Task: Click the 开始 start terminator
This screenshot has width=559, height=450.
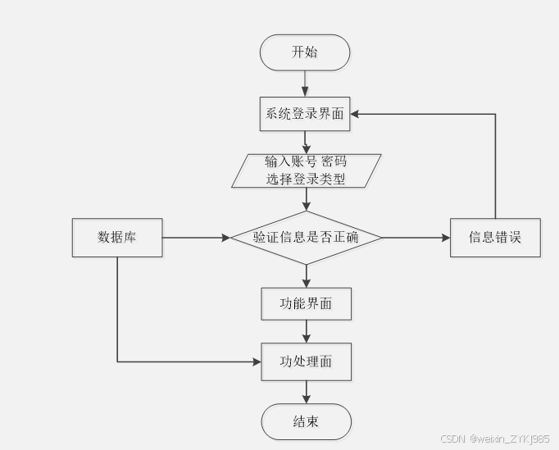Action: tap(305, 52)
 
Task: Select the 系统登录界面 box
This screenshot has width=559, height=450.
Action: tap(305, 113)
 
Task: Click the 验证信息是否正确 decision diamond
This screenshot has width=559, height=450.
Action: tap(306, 238)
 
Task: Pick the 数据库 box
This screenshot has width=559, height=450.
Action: tap(117, 238)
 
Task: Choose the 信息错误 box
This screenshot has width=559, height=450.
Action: tap(495, 238)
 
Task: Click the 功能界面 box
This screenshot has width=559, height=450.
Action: tap(307, 303)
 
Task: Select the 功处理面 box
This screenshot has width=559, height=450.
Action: tap(307, 361)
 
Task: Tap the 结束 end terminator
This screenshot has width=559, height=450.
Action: tap(307, 422)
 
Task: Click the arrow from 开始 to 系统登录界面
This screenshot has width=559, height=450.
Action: tap(305, 83)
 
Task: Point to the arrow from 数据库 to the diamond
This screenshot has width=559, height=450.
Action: tap(197, 238)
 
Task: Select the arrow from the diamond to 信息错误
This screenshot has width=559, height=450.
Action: tap(416, 238)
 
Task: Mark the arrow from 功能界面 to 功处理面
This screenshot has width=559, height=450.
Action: tap(307, 331)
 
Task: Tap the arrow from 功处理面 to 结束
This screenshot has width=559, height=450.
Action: tap(307, 392)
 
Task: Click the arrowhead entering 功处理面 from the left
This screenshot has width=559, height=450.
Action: tap(256, 361)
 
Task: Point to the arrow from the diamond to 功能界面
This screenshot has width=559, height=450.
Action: tap(307, 275)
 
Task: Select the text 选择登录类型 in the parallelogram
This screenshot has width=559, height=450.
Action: tap(306, 179)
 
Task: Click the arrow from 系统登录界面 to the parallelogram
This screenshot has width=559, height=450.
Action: tap(306, 142)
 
